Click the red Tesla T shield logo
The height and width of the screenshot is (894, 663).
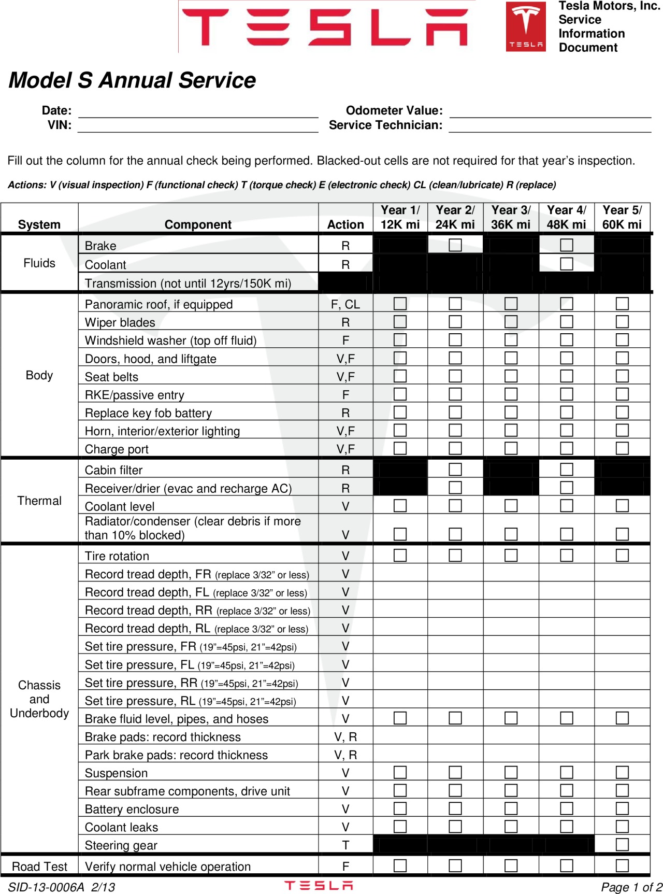pos(526,26)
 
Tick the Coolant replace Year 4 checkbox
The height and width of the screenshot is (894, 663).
pos(567,264)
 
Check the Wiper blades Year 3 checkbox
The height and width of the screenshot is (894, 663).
pos(511,322)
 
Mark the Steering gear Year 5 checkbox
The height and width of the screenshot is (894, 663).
pos(622,844)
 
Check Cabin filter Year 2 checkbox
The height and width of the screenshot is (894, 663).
pos(455,469)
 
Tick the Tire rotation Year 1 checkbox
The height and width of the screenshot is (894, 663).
pos(400,555)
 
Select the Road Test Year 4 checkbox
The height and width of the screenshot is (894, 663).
pos(567,865)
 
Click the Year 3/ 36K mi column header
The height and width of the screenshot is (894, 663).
pos(511,218)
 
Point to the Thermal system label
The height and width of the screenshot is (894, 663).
pos(39,501)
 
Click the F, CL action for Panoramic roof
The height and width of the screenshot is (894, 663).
pos(345,304)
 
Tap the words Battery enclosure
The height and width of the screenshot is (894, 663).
pos(132,809)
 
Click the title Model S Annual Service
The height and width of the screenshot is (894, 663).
pos(132,80)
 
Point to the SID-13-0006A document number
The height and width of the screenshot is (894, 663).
pos(46,887)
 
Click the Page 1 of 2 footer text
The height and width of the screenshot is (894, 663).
pos(631,887)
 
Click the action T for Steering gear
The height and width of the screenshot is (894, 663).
pos(345,845)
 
